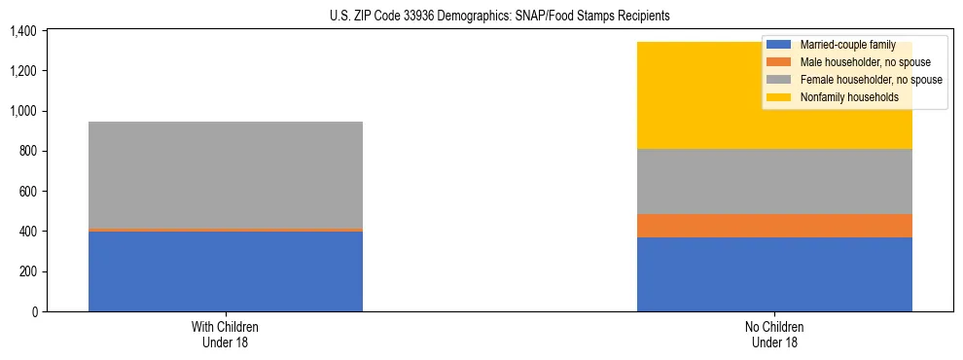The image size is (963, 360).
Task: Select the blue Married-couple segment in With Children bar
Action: click(226, 271)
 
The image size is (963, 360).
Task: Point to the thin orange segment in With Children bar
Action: click(226, 230)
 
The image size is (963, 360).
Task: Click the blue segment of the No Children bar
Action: click(774, 274)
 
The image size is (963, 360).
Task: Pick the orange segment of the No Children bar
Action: click(774, 226)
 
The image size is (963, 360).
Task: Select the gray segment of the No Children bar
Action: click(774, 181)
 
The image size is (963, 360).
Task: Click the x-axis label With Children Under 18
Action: click(226, 334)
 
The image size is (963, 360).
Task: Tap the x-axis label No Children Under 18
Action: click(774, 334)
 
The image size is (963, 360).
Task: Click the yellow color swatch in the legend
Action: click(779, 97)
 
